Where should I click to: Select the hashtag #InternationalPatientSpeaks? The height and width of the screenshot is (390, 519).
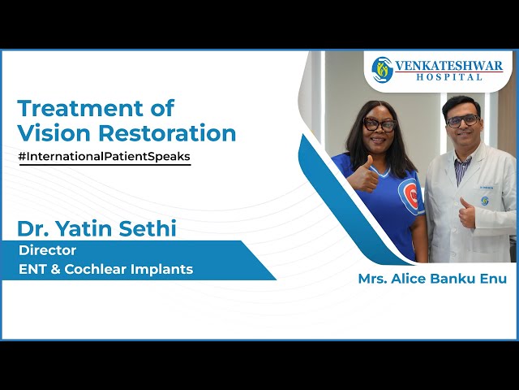(x=104, y=156)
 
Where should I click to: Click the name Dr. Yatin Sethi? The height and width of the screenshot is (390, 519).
(x=97, y=229)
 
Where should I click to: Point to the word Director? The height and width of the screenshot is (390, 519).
(x=48, y=251)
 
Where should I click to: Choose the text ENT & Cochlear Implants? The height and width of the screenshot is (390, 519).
(x=106, y=269)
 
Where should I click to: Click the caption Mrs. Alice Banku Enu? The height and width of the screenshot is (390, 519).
(x=431, y=279)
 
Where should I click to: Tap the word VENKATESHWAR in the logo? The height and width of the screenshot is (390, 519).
(x=448, y=66)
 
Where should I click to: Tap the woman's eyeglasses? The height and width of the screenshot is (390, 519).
(x=379, y=125)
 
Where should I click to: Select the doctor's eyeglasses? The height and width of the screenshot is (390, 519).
(x=463, y=120)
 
